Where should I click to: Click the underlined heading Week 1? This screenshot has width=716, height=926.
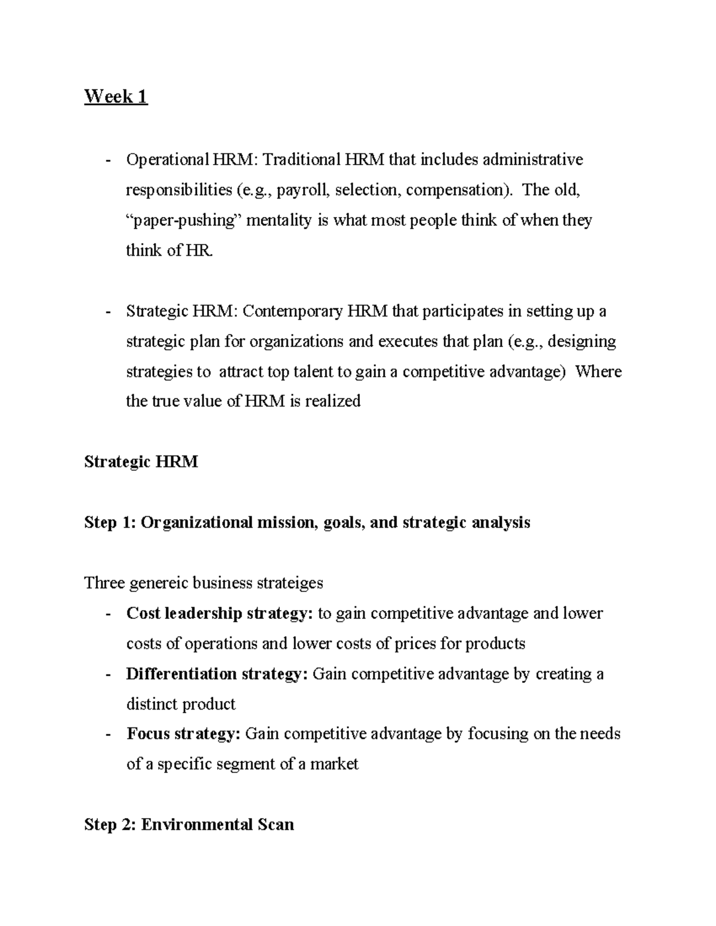pos(116,96)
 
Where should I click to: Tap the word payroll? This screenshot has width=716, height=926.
pos(302,190)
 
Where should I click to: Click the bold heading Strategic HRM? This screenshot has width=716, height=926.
pos(141,462)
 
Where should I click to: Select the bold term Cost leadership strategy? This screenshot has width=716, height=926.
pos(219,614)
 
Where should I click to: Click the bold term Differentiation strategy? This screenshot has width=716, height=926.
pos(217,674)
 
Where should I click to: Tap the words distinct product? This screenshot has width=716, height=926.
pos(181,705)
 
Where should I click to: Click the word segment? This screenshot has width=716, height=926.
pos(264,764)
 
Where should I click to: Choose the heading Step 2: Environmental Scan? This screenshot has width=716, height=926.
pos(189,825)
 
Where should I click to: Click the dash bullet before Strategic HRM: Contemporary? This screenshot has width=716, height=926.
pos(108,312)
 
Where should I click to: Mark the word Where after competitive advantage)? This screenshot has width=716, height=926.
pos(598,371)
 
